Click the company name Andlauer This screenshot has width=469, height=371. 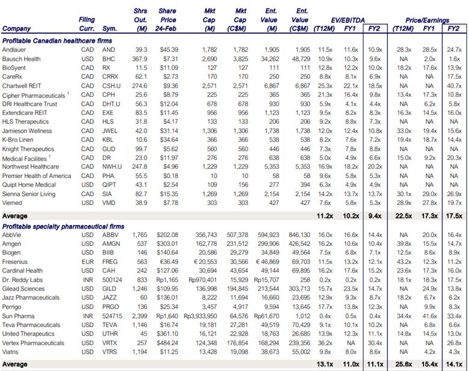tap(14, 49)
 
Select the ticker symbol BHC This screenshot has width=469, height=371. tap(109, 58)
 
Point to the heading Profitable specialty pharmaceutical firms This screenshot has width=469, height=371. tap(64, 226)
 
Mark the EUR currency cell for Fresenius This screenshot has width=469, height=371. tap(87, 262)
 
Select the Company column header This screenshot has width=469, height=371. tap(17, 28)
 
